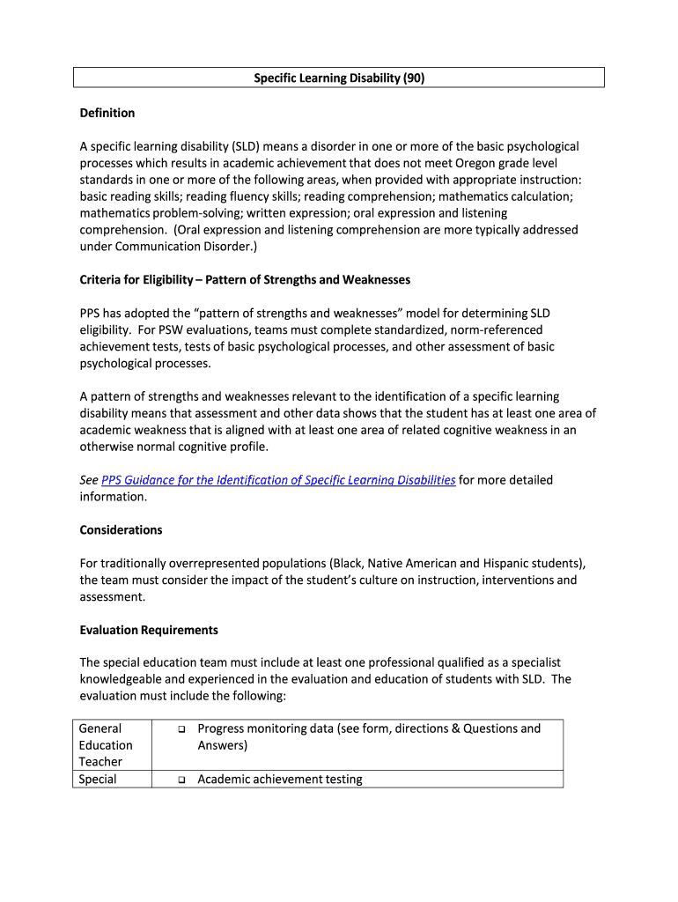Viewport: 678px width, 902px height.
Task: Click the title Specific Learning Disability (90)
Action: click(x=339, y=78)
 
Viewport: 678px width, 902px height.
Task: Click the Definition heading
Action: click(x=107, y=113)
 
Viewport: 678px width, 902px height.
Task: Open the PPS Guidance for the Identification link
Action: click(x=278, y=480)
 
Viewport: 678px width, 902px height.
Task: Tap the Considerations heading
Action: click(x=121, y=530)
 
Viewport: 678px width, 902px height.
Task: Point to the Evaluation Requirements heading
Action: click(x=149, y=630)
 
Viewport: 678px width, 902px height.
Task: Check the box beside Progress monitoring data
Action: click(x=179, y=729)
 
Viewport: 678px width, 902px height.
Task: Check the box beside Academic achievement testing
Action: click(x=179, y=780)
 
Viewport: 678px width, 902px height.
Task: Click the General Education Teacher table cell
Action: click(x=106, y=744)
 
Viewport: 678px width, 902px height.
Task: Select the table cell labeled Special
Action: click(x=98, y=780)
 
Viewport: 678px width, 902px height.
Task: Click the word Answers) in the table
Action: click(x=222, y=745)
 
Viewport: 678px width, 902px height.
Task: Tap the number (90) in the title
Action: click(x=413, y=78)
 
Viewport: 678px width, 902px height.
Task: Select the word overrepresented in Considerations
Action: click(x=210, y=563)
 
